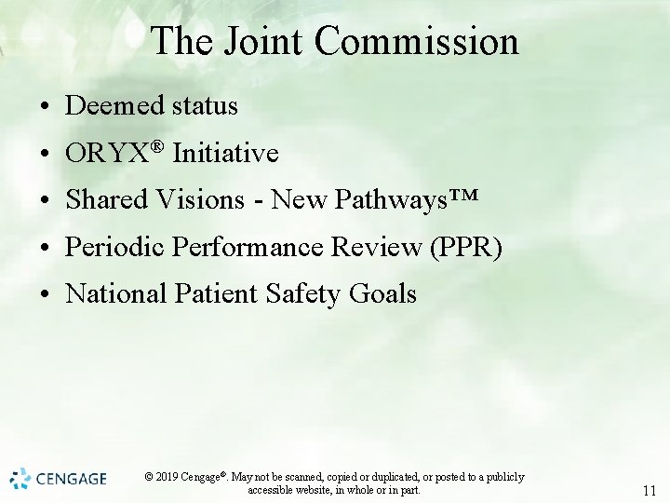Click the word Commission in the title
pyautogui.click(x=417, y=42)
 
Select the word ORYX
pyautogui.click(x=107, y=154)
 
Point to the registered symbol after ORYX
pyautogui.click(x=157, y=146)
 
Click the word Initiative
pyautogui.click(x=226, y=154)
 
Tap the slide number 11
pyautogui.click(x=649, y=491)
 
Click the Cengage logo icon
pyautogui.click(x=20, y=479)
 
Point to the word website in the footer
pyautogui.click(x=313, y=490)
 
